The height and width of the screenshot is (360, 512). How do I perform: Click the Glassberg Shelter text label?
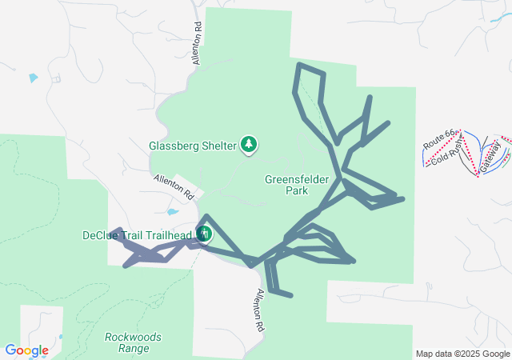coord(193,146)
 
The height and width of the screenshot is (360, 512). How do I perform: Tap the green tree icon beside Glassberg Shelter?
coord(250,144)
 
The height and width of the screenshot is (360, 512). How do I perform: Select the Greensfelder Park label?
coord(297,186)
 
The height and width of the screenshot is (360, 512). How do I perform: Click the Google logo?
coord(26,350)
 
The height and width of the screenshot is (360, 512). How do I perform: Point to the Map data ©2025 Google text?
coord(462,354)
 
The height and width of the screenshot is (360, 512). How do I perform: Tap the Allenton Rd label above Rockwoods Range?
coord(260,310)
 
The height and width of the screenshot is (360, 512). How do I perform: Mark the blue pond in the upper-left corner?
coord(33,78)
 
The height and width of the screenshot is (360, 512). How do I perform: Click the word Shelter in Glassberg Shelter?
coord(218,146)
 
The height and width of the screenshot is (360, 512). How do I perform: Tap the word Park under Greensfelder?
coord(297,191)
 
